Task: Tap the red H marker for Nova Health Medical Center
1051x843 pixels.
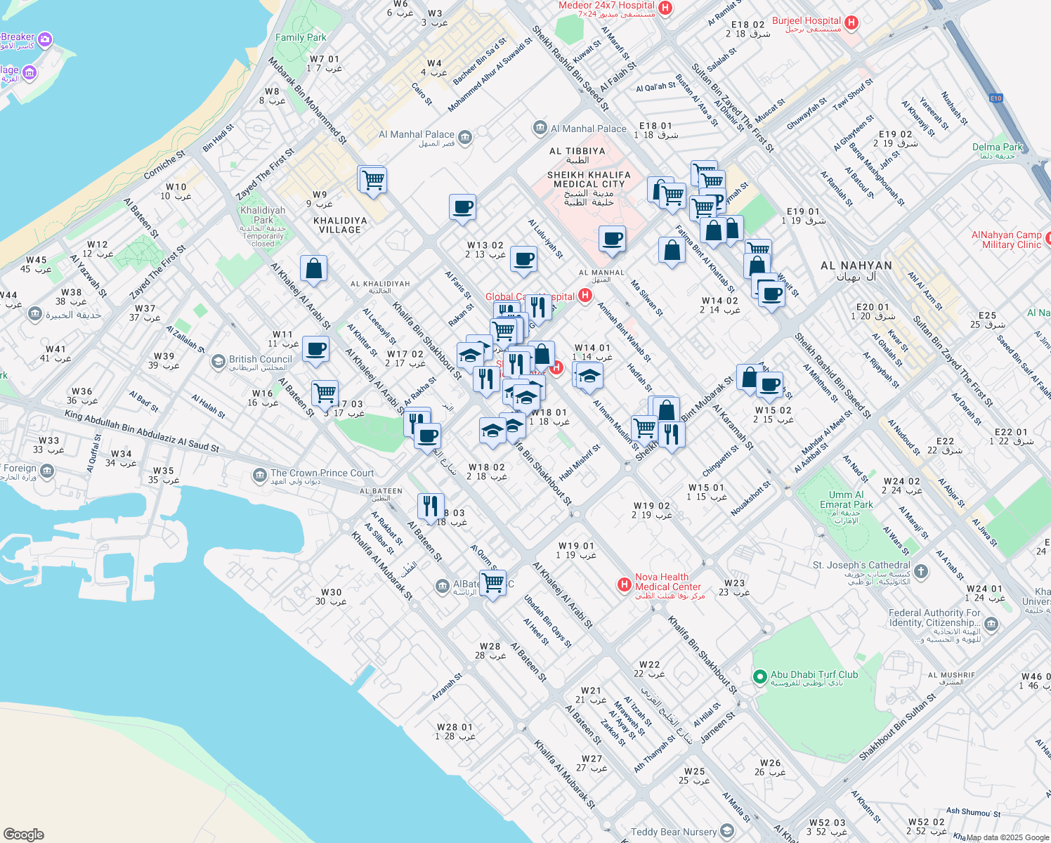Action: coord(623,584)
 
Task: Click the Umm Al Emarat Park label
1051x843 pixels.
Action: coord(846,499)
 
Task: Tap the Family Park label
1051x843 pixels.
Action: coord(301,37)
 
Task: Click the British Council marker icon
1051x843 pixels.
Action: coord(219,362)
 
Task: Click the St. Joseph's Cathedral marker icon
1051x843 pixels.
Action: coord(922,571)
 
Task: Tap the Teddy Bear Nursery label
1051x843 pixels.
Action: coord(673,832)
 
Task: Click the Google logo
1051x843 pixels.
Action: coord(23,835)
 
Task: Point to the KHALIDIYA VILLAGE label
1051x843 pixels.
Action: coord(340,225)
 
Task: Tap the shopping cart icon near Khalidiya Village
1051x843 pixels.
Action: coord(373,180)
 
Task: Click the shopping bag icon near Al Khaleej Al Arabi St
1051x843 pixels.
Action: coord(313,268)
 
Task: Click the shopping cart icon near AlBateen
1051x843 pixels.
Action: coord(493,583)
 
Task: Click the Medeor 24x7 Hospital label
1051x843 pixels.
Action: coord(606,6)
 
